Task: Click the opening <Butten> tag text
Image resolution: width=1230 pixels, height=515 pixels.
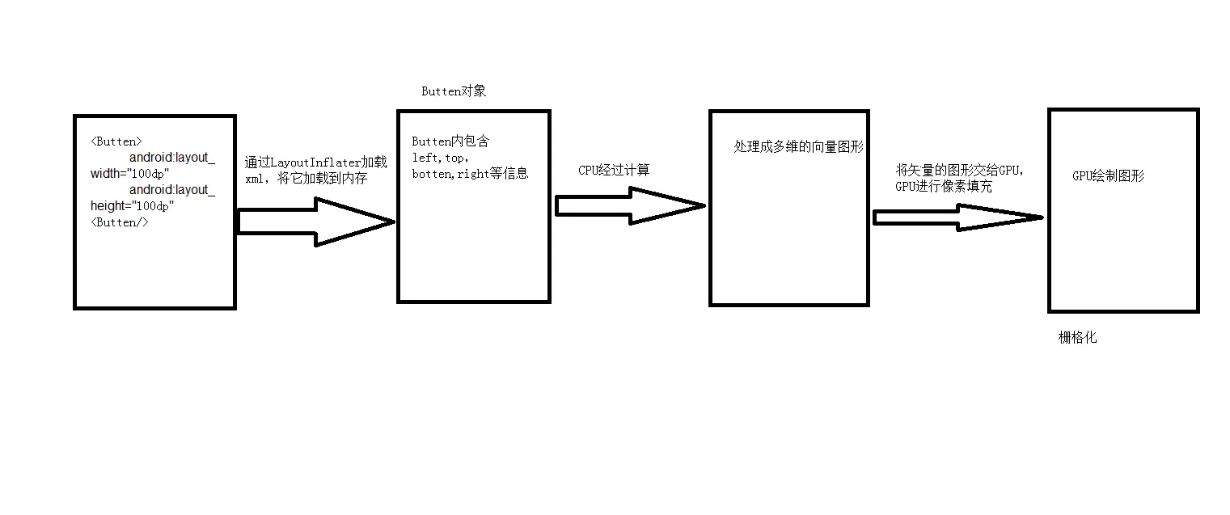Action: click(116, 141)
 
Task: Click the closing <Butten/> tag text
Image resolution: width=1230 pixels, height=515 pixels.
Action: click(120, 222)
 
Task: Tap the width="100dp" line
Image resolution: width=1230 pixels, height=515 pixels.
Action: click(130, 174)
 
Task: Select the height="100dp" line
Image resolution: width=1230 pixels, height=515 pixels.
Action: click(133, 206)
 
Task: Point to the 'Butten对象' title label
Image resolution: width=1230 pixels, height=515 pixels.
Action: click(454, 91)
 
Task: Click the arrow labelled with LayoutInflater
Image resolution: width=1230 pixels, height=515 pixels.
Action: click(315, 221)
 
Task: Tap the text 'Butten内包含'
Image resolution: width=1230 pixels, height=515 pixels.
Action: click(450, 141)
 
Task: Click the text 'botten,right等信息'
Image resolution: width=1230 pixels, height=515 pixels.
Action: click(470, 174)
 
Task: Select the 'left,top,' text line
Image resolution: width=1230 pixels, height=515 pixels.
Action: click(441, 158)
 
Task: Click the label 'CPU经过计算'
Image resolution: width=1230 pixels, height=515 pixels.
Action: click(614, 170)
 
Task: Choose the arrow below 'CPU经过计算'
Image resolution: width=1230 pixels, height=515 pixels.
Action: click(630, 206)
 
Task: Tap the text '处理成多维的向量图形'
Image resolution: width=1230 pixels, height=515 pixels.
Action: click(798, 147)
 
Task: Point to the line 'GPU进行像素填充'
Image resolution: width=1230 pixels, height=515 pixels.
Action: click(943, 187)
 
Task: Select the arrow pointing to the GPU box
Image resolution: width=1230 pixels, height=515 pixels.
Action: click(957, 217)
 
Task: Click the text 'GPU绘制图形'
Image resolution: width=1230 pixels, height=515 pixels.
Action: click(1108, 176)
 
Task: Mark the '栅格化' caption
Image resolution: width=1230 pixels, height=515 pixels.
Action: click(1077, 338)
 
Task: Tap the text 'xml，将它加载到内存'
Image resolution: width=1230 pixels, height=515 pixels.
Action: click(306, 179)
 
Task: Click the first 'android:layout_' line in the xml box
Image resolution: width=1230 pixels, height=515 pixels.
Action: click(171, 158)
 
